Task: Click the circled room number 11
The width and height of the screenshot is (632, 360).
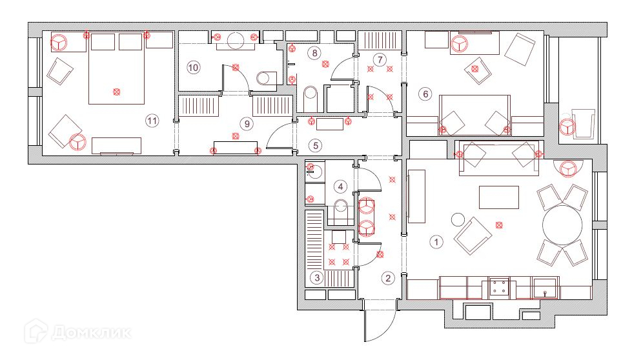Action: click(152, 120)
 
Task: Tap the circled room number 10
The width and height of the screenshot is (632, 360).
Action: click(194, 66)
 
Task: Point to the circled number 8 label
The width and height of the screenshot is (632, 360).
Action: click(314, 53)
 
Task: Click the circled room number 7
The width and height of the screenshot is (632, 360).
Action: click(380, 60)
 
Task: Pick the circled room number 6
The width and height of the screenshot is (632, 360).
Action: click(425, 94)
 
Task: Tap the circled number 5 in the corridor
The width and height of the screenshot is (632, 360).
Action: click(314, 146)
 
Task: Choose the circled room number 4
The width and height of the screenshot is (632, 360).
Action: click(340, 186)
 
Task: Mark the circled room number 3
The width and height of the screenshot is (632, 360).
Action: click(316, 278)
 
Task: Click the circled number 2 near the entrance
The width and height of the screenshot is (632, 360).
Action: click(387, 279)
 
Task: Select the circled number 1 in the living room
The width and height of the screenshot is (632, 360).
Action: click(436, 243)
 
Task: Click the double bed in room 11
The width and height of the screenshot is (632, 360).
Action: click(116, 71)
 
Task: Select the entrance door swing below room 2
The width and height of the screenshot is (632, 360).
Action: click(381, 323)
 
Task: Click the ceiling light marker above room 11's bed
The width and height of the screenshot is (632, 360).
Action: click(116, 92)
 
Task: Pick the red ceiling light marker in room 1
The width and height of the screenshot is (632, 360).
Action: click(498, 225)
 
